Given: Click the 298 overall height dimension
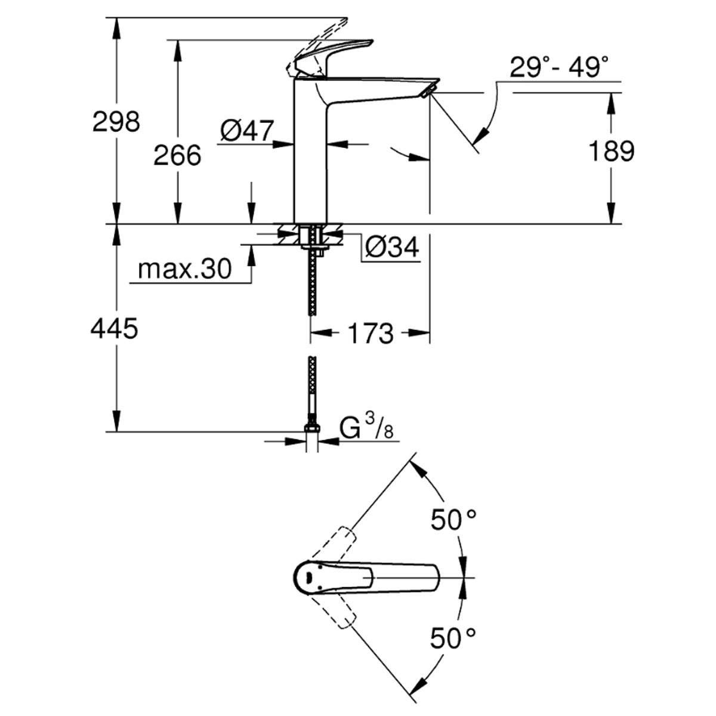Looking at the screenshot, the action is click(x=116, y=122).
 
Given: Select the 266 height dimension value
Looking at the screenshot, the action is click(x=178, y=155).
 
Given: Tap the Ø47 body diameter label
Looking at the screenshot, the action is click(x=248, y=131).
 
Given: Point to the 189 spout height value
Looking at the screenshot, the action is click(x=612, y=151).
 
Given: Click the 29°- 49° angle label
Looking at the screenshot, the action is click(x=559, y=67).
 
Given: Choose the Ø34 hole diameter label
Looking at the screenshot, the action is click(x=393, y=246).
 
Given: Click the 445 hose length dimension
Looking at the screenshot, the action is click(x=115, y=328).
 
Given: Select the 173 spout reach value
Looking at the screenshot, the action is click(x=371, y=334).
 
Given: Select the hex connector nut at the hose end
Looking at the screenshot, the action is click(x=311, y=428).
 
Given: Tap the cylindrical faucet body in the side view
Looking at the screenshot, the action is click(x=311, y=149).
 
